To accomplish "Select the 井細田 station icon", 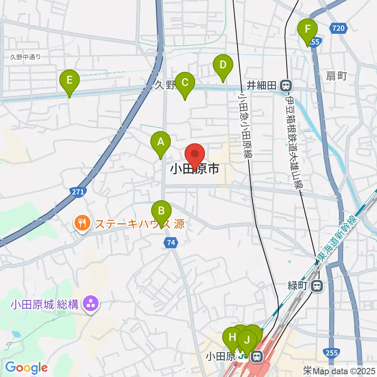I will (285, 85).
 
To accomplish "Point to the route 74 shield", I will (170, 243).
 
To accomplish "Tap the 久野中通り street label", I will (26, 57).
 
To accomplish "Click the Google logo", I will (27, 368).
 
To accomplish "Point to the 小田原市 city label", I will (195, 170).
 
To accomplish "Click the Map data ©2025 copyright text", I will (342, 370).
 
